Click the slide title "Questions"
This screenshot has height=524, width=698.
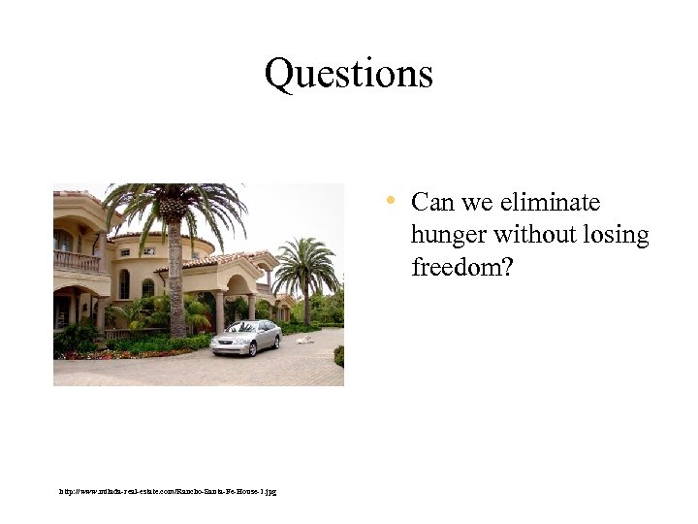click(348, 74)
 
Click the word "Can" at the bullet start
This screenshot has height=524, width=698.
click(430, 203)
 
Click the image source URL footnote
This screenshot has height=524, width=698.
click(168, 492)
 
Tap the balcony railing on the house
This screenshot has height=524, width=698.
click(77, 261)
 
